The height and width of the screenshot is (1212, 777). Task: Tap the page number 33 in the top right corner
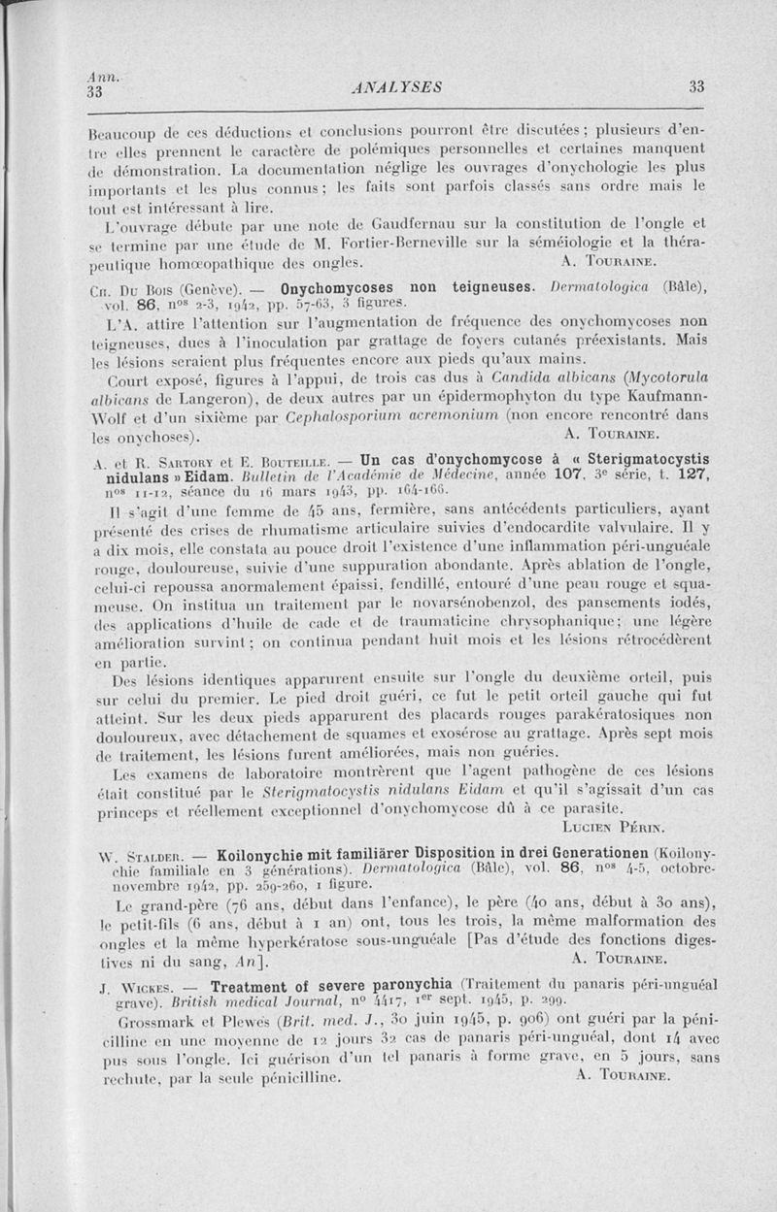(696, 86)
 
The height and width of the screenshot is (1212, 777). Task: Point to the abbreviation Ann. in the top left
(99, 78)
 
